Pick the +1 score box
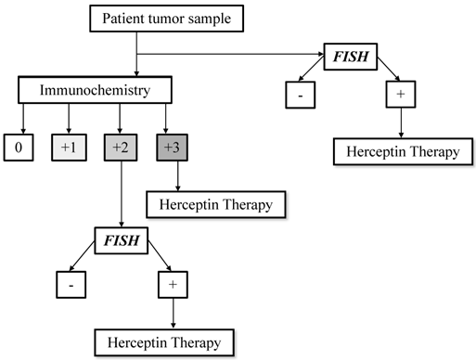pos(67,147)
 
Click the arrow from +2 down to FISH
pos(122,195)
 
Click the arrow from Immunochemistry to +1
pos(67,119)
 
